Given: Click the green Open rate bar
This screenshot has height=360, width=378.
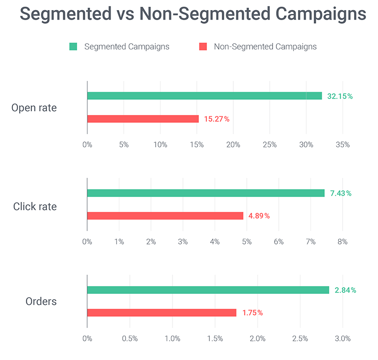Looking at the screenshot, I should [x=204, y=96].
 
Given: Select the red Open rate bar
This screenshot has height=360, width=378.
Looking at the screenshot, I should [x=143, y=119].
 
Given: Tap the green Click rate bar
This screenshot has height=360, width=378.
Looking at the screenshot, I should [x=206, y=193].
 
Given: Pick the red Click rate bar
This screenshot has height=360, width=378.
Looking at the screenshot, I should [x=165, y=216].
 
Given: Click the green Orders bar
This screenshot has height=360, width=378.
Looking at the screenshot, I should [x=208, y=290].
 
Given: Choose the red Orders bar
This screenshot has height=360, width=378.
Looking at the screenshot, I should [x=161, y=313].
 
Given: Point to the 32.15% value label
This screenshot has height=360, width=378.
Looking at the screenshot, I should [x=340, y=96].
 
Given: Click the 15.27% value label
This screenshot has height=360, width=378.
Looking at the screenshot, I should [x=217, y=119].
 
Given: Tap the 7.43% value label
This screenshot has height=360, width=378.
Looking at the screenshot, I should [x=341, y=194].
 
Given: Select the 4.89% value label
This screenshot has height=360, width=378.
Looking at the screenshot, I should [x=259, y=216].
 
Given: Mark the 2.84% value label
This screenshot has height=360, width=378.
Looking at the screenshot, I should [x=345, y=290].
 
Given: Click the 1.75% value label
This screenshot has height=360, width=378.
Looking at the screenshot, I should [x=252, y=313].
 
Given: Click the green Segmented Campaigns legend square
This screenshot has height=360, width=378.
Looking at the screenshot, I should [x=73, y=46].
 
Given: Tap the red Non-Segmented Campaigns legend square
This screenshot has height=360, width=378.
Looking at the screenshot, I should [x=203, y=46].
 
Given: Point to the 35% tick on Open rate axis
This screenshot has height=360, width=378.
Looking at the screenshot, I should [x=343, y=145].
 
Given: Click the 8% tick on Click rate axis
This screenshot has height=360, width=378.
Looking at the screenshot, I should [x=342, y=242].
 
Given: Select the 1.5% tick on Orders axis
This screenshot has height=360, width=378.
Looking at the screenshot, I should [x=215, y=339].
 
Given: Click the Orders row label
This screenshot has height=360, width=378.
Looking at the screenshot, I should [x=41, y=302].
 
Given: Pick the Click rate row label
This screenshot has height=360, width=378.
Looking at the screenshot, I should [x=35, y=207].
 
